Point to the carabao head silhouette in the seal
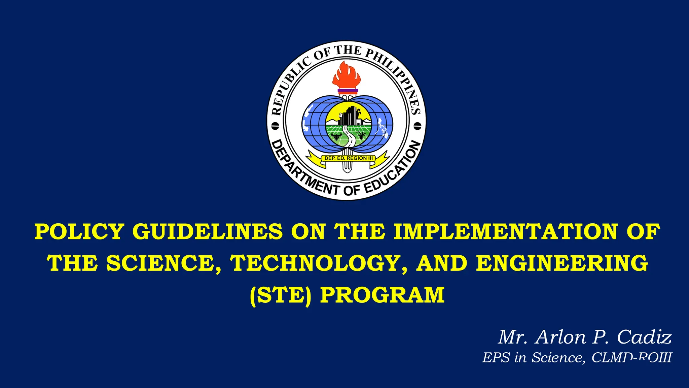(336, 136)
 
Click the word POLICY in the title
(79, 232)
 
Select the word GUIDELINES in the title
(208, 232)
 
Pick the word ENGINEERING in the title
(562, 263)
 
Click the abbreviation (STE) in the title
(281, 295)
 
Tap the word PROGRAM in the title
(382, 295)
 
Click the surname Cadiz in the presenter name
(644, 337)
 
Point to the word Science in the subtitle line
(558, 358)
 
